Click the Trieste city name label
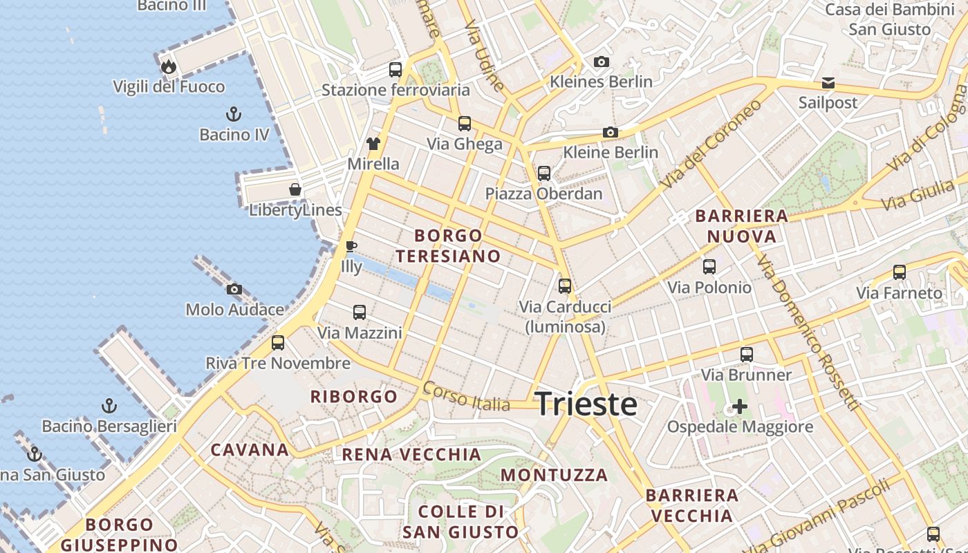click(x=586, y=404)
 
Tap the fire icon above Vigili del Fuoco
click(x=169, y=67)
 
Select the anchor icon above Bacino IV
click(x=234, y=114)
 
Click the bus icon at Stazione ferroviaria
click(x=395, y=70)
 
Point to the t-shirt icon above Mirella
click(x=373, y=144)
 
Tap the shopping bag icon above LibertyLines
click(x=295, y=189)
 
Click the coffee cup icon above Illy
click(x=351, y=246)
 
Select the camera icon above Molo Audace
click(x=234, y=290)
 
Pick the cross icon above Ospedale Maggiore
click(x=740, y=406)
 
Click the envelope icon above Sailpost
click(x=828, y=83)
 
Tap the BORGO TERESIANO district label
click(x=448, y=245)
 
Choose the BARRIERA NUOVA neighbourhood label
click(x=741, y=226)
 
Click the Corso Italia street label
click(x=467, y=396)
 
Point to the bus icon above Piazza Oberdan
click(x=544, y=174)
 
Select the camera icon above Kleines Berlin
click(x=602, y=62)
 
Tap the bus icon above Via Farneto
click(x=900, y=272)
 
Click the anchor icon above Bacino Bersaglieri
click(x=109, y=406)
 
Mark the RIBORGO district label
click(x=354, y=397)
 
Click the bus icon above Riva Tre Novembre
click(x=278, y=342)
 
